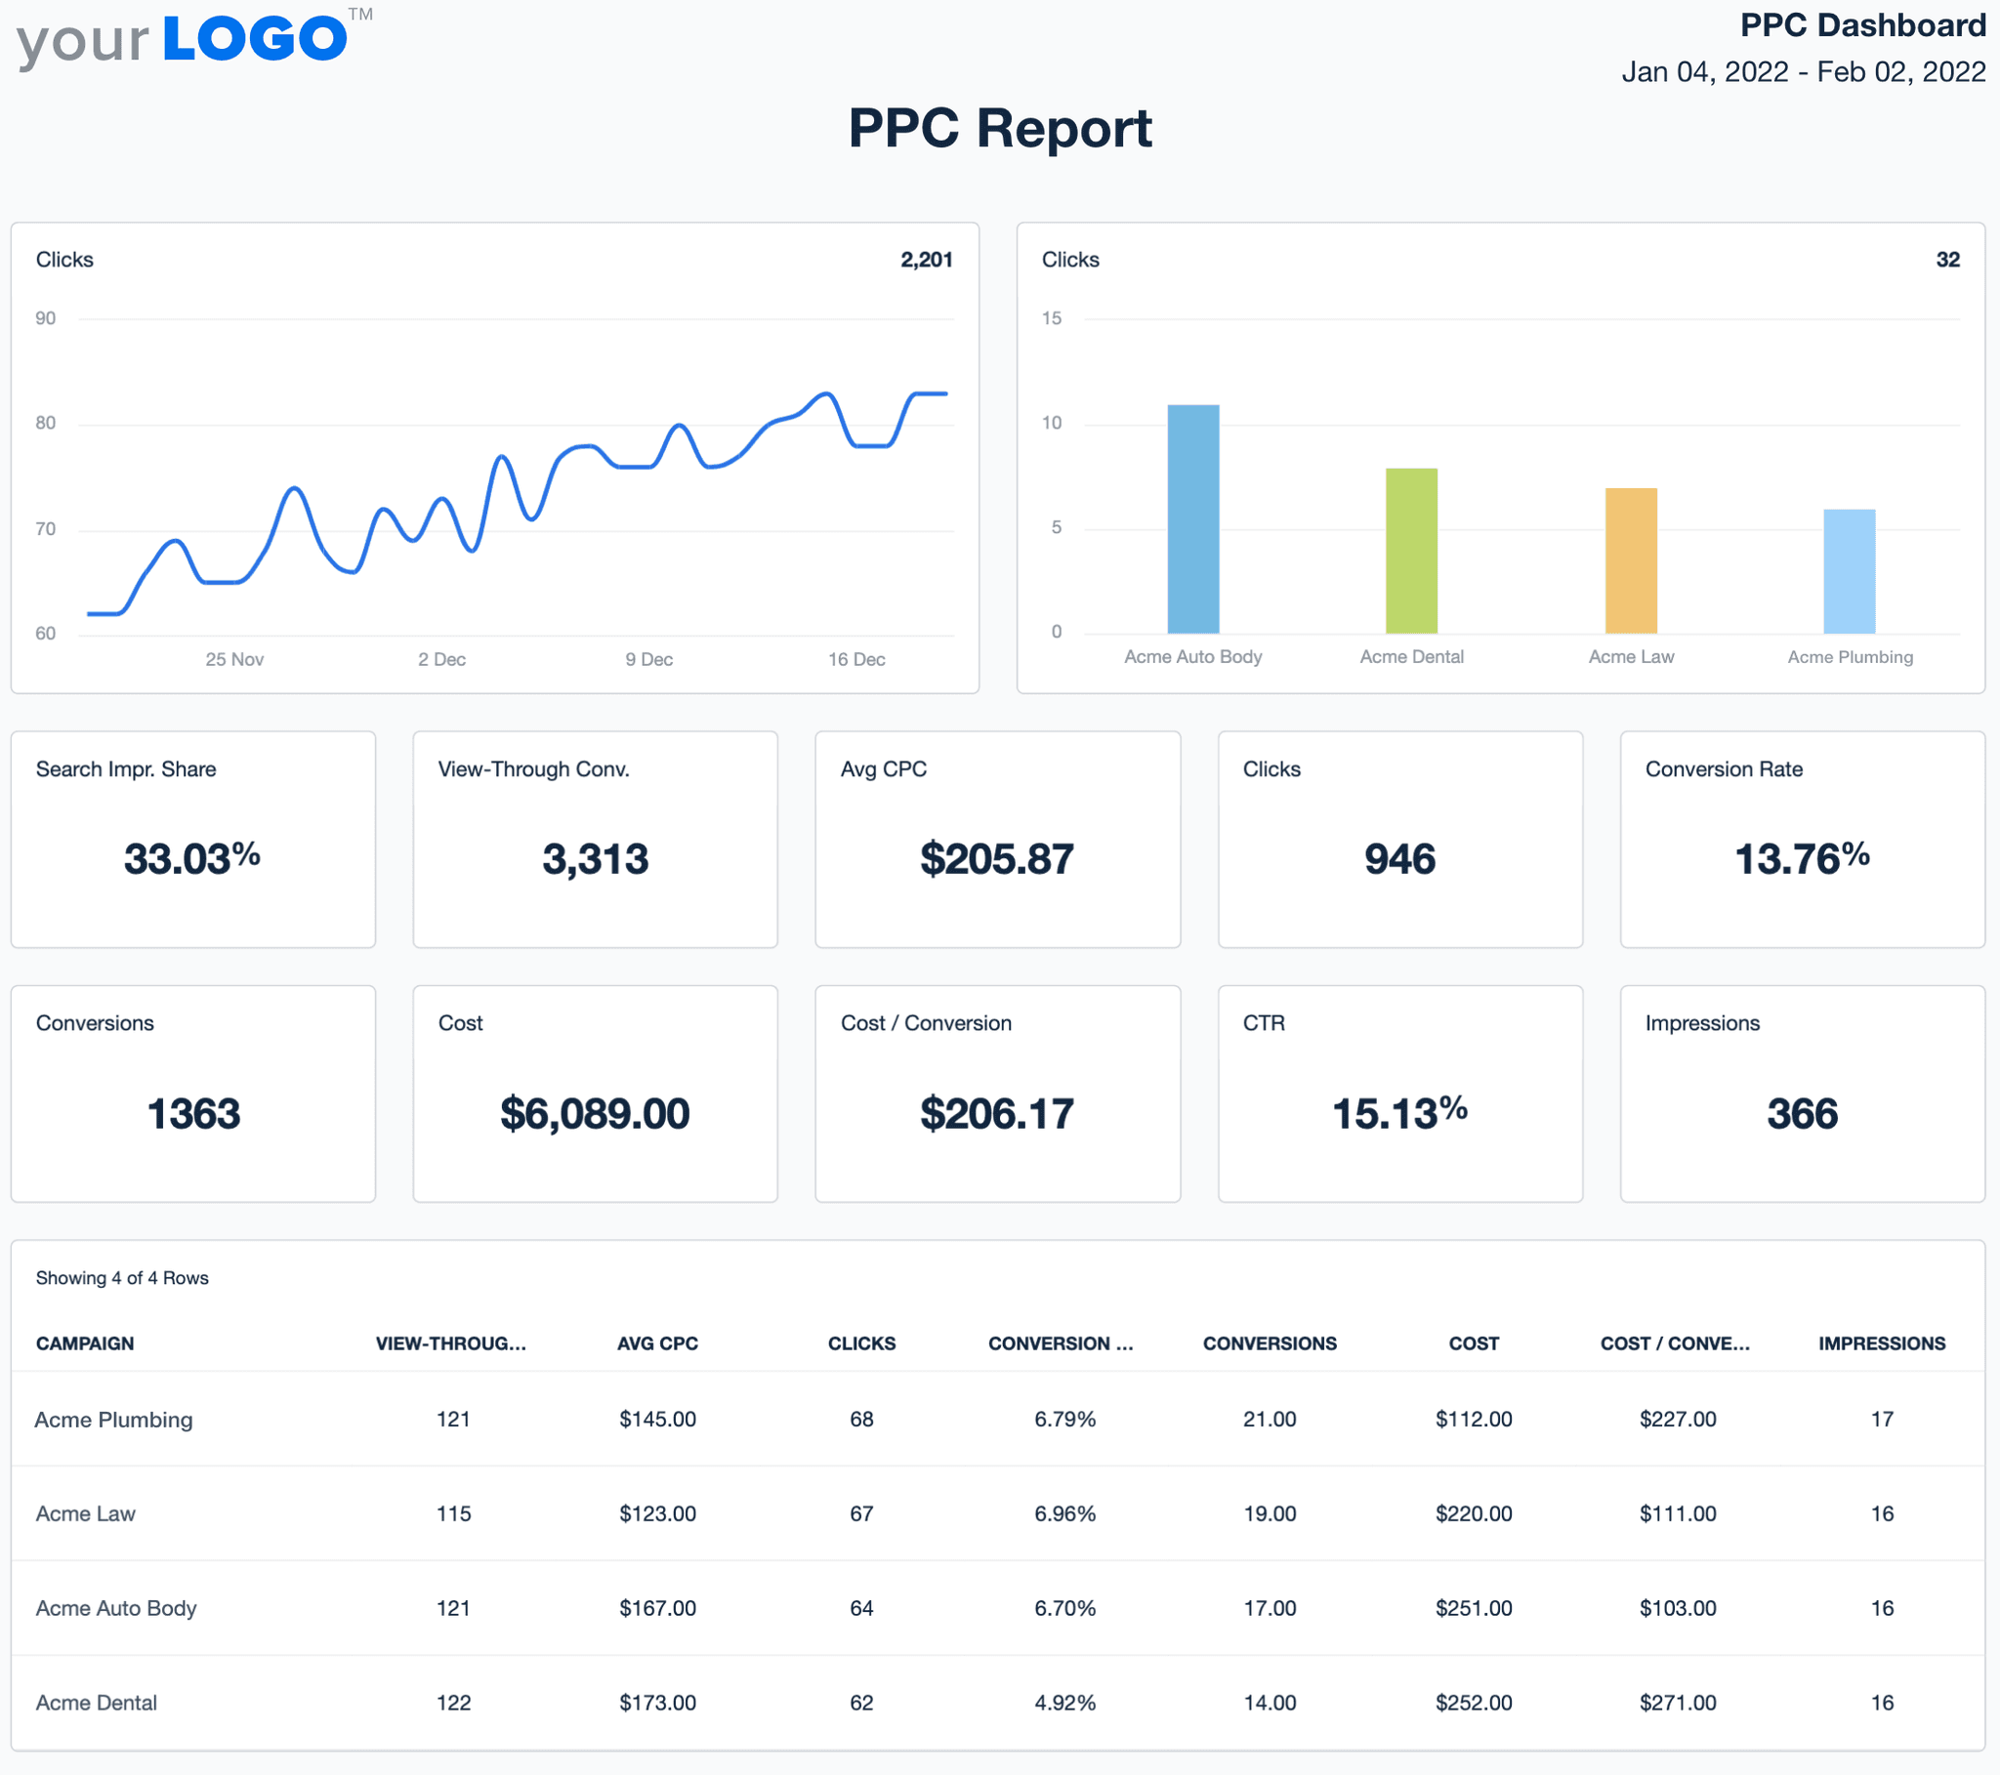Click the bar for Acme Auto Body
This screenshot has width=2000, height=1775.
[1192, 518]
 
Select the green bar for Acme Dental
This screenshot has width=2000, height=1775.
[1411, 550]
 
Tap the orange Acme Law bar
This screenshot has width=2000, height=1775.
[1630, 559]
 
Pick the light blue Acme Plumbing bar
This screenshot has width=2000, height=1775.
[1849, 570]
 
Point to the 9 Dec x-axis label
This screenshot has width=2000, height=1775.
[648, 659]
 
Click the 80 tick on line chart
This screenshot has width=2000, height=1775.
[45, 423]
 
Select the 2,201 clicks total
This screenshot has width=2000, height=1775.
[926, 260]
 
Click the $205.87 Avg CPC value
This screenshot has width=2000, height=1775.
[996, 859]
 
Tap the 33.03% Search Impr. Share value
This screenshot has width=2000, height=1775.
[191, 859]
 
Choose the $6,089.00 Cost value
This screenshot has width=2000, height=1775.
[595, 1114]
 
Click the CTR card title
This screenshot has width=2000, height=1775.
[1264, 1022]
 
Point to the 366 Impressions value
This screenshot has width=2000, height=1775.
[1802, 1114]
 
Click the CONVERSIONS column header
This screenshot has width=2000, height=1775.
[1270, 1343]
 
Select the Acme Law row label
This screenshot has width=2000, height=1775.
[86, 1513]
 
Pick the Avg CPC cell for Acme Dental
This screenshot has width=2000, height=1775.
[657, 1703]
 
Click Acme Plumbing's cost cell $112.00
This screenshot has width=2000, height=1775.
[1474, 1419]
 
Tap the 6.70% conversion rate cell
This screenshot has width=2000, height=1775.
[1064, 1608]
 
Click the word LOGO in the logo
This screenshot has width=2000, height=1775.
[255, 39]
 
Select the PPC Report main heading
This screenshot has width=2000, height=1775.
[1000, 128]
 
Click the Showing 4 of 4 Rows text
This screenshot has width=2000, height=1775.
[122, 1278]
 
